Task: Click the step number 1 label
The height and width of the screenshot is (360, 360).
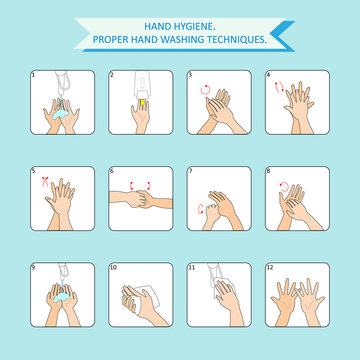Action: [x=33, y=74]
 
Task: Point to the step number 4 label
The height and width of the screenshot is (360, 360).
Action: [x=268, y=74]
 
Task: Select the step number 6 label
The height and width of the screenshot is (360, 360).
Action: [x=112, y=170]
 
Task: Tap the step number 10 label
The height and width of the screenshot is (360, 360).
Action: [x=113, y=267]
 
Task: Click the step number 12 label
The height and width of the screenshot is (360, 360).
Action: [x=270, y=267]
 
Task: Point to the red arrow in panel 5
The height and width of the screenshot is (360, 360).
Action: [x=44, y=182]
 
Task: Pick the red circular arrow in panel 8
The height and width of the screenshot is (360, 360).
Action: [x=282, y=184]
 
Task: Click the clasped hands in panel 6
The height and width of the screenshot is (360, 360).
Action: [x=143, y=189]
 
